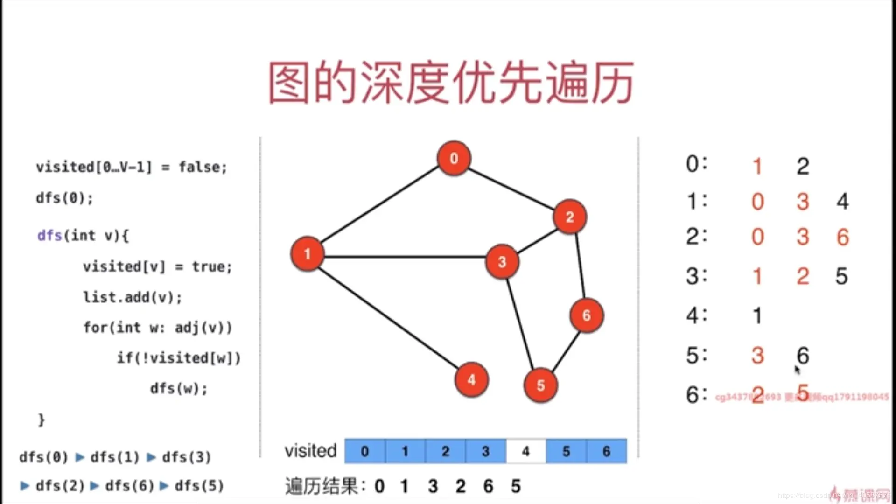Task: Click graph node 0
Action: [x=454, y=158]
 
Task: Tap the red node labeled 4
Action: [x=471, y=379]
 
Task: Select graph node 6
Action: [x=587, y=315]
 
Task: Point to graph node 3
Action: [x=502, y=261]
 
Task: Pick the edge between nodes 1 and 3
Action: [x=404, y=257]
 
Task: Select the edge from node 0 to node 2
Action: [x=511, y=188]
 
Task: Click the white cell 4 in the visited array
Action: [x=526, y=451]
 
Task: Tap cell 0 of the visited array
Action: [x=365, y=451]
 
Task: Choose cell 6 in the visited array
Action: [x=606, y=451]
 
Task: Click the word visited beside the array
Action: [x=310, y=451]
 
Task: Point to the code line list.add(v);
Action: [x=133, y=297]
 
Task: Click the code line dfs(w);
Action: [x=179, y=388]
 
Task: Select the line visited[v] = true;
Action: [x=157, y=267]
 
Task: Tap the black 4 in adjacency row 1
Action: [x=842, y=202]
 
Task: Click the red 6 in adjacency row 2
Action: [x=842, y=237]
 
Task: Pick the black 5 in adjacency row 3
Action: [x=841, y=276]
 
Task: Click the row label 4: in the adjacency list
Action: [x=697, y=315]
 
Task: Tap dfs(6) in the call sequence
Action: [x=129, y=486]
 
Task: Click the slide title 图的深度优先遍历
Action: [x=451, y=83]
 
